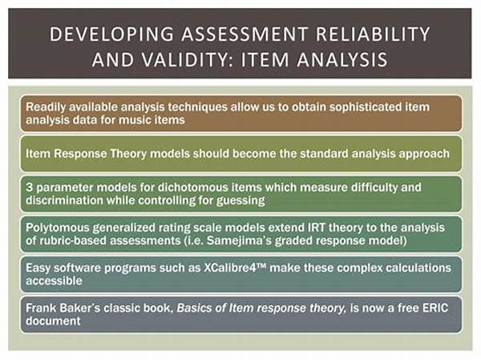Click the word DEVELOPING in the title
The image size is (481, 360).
[x=111, y=34]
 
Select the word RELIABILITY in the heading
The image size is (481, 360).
[x=373, y=34]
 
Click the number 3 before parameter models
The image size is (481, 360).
[x=29, y=187]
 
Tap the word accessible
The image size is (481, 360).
[x=54, y=281]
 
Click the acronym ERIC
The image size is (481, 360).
[x=435, y=308]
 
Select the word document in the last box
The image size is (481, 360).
[x=53, y=321]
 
